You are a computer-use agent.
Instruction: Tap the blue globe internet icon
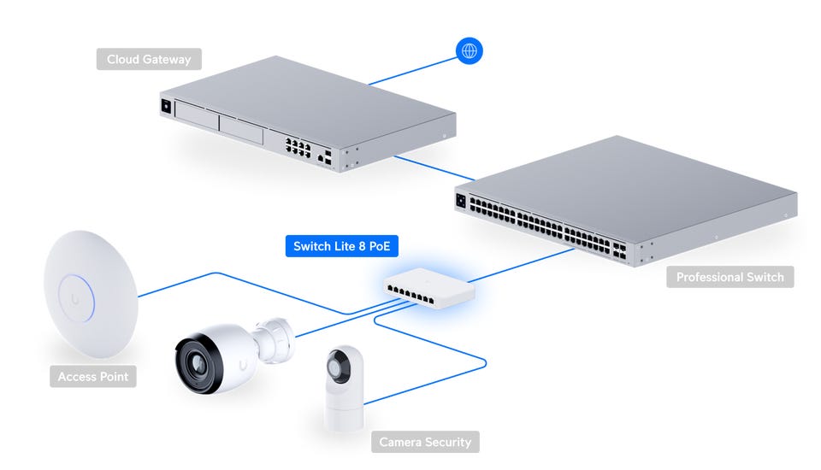pyautogui.click(x=469, y=50)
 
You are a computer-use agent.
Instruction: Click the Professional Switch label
pyautogui.click(x=729, y=277)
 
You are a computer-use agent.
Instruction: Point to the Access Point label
pyautogui.click(x=93, y=376)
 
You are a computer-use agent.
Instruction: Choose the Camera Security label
pyautogui.click(x=425, y=442)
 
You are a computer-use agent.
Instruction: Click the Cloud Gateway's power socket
pyautogui.click(x=165, y=107)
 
